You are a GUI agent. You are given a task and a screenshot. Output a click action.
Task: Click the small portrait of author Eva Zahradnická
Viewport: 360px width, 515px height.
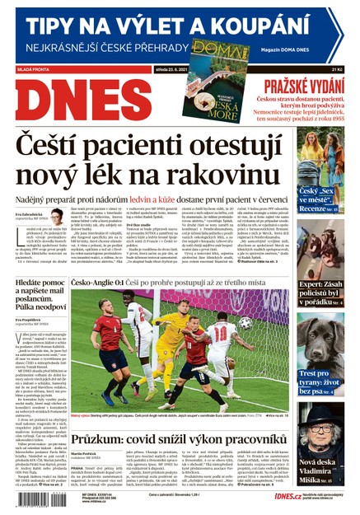coord(57,217)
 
